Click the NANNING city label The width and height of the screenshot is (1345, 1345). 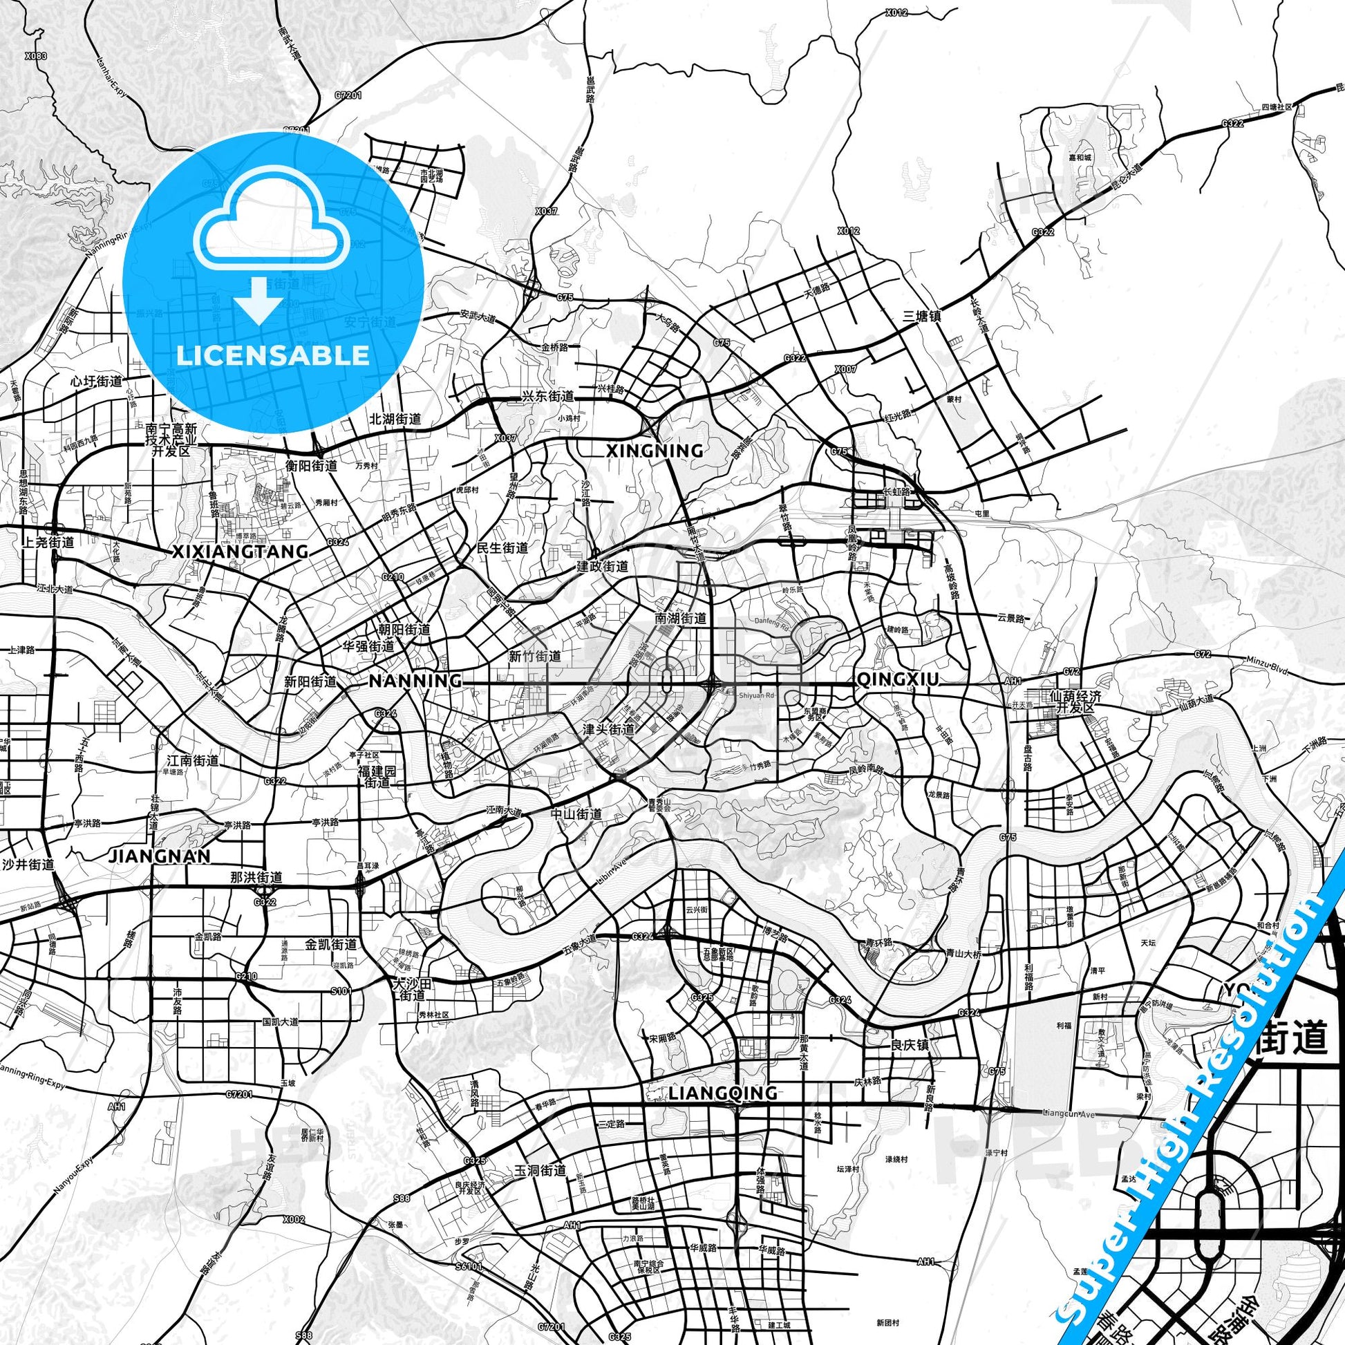pyautogui.click(x=414, y=680)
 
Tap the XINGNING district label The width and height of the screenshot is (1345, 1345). pyautogui.click(x=655, y=451)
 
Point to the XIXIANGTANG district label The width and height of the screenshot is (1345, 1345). pyautogui.click(x=241, y=552)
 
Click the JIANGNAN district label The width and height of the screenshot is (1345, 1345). pyautogui.click(x=160, y=856)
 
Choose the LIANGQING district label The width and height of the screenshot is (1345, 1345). pyautogui.click(x=723, y=1093)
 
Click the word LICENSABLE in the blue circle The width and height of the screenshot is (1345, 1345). pyautogui.click(x=273, y=355)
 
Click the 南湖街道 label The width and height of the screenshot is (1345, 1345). pyautogui.click(x=680, y=617)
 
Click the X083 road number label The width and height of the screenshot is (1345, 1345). pyautogui.click(x=35, y=56)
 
